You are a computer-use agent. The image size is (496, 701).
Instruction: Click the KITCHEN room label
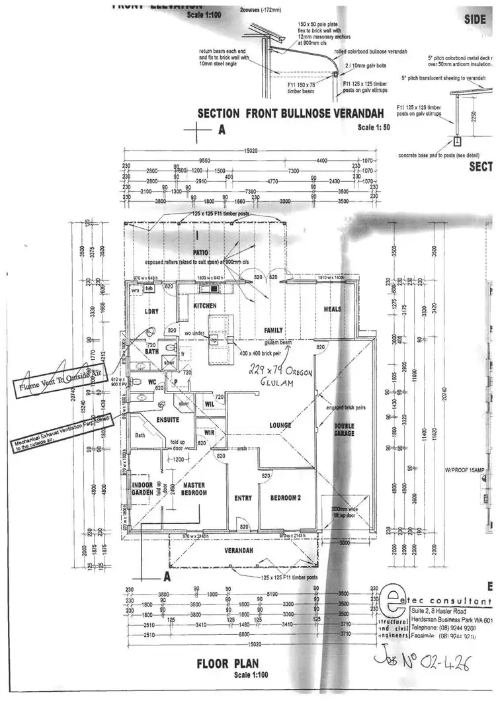(205, 306)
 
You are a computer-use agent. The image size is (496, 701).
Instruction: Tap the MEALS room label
(332, 309)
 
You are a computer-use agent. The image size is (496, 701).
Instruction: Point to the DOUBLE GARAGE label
(344, 429)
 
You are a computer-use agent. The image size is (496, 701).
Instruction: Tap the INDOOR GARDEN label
(143, 489)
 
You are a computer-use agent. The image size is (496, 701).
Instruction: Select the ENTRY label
(243, 498)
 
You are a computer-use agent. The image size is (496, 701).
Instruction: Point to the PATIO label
(201, 253)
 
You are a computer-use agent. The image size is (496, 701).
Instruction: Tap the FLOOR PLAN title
(227, 661)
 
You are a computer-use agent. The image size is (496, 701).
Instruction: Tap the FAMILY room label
(273, 330)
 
